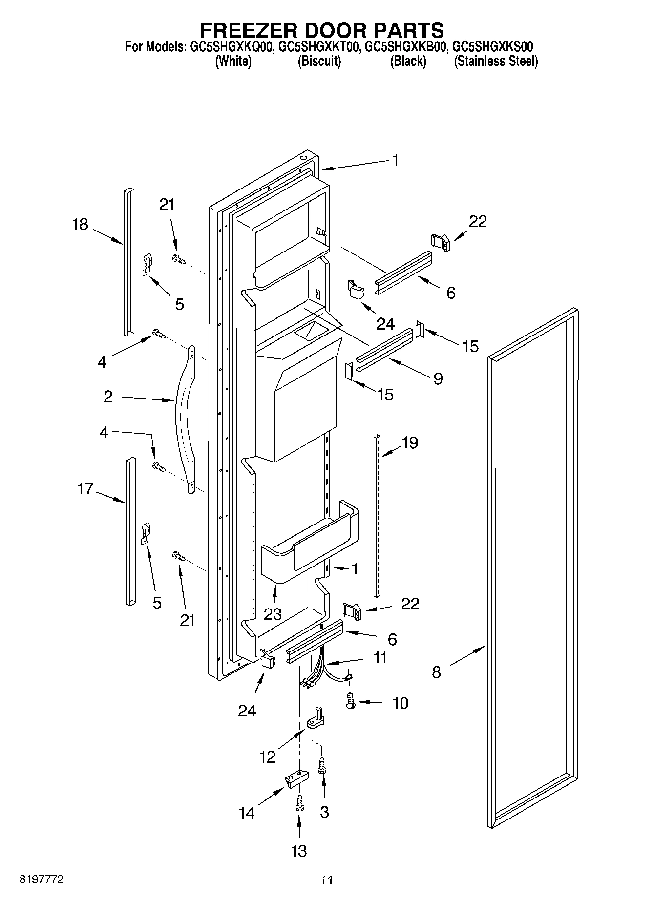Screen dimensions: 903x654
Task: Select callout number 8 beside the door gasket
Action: [436, 672]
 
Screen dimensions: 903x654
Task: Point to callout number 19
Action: [409, 443]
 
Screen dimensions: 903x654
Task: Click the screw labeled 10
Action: [350, 702]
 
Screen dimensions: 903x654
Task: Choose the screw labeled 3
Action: [322, 765]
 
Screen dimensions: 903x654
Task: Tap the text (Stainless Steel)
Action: [496, 62]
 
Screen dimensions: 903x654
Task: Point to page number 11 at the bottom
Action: [327, 881]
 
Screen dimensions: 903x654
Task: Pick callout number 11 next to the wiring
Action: [380, 657]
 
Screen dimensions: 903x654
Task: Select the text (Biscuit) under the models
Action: [319, 62]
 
